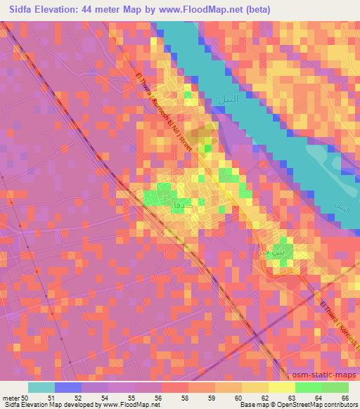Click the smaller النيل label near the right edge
tap(342, 209)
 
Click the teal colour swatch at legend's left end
tap(41, 387)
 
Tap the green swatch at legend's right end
tap(335, 387)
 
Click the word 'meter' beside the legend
tap(11, 398)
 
